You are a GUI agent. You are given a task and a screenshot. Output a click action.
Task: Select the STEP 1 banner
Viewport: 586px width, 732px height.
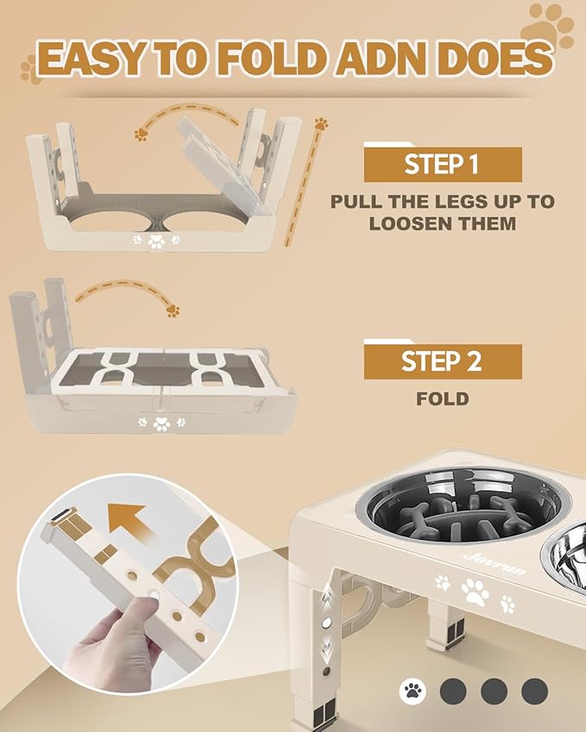coord(442,164)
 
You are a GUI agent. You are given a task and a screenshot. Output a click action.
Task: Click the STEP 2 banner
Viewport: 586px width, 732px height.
coord(442,362)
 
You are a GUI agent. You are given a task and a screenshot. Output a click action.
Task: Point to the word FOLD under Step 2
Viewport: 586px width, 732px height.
coord(442,399)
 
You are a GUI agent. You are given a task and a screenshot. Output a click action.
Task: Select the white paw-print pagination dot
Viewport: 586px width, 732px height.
coord(413,691)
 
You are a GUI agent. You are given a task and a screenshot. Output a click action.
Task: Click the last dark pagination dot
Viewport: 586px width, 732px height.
coord(534,691)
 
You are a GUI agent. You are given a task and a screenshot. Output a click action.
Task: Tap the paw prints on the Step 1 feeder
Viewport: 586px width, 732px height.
coord(156,240)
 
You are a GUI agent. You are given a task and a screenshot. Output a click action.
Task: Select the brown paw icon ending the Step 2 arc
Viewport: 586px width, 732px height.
coord(173,310)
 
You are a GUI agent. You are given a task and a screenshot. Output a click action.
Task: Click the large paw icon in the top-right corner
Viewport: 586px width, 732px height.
coord(551,24)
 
